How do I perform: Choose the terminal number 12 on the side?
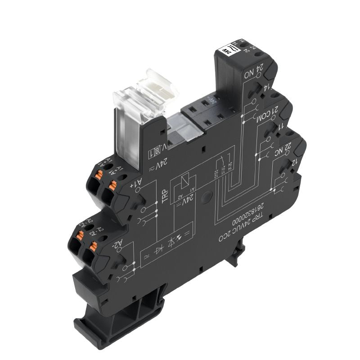(x=296, y=162)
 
